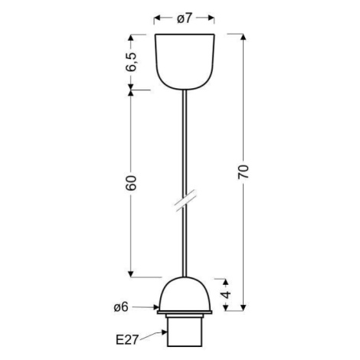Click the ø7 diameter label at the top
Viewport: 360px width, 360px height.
pyautogui.click(x=184, y=18)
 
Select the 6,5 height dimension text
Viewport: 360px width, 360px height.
pyautogui.click(x=132, y=62)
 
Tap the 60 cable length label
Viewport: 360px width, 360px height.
pyautogui.click(x=131, y=183)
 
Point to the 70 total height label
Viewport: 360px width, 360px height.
pyautogui.click(x=243, y=172)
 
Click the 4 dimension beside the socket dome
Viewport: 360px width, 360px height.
pyautogui.click(x=226, y=295)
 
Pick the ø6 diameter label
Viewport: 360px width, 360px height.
pyautogui.click(x=121, y=307)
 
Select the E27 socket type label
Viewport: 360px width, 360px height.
pyautogui.click(x=127, y=340)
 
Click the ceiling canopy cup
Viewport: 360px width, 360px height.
pyautogui.click(x=185, y=61)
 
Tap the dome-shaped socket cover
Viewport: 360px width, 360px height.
pyautogui.click(x=185, y=293)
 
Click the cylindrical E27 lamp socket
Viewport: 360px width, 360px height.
pyautogui.click(x=185, y=330)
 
